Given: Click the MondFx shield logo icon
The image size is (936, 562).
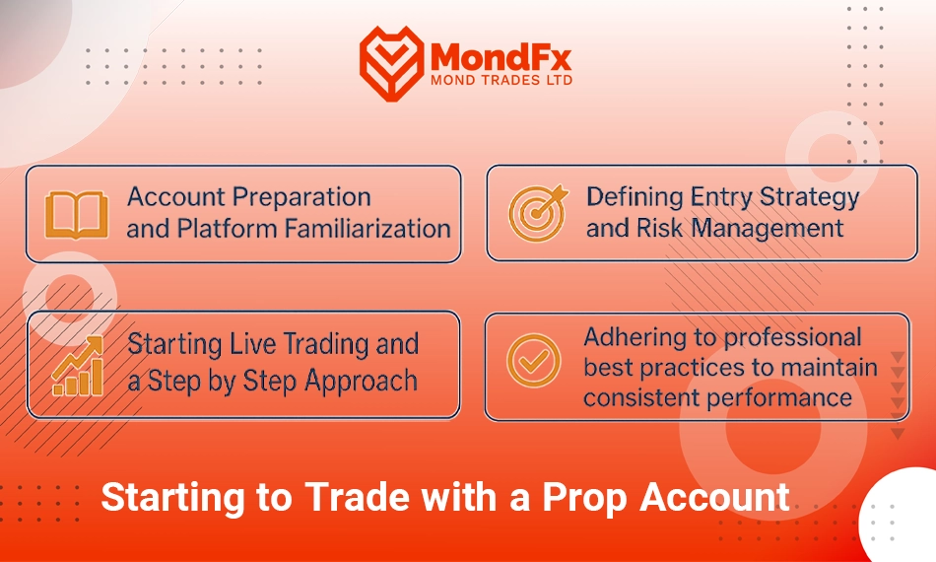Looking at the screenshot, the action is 391,63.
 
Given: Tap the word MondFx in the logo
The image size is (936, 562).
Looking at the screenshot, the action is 501,57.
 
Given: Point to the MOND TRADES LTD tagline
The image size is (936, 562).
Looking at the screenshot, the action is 501,80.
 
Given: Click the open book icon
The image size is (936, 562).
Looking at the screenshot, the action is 77,214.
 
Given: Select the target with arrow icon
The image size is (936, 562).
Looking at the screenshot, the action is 538,213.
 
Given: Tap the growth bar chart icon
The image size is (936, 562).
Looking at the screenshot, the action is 78,366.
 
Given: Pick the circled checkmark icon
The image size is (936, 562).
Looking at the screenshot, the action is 534,361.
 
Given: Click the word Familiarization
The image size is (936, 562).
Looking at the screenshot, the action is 368,229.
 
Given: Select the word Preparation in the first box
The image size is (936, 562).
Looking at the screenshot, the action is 301,197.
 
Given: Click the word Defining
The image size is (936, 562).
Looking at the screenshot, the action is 635,197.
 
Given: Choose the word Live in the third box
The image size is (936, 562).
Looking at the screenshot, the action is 253,344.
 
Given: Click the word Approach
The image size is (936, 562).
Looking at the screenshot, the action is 361,382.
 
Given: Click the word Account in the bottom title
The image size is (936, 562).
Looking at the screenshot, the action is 714,497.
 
